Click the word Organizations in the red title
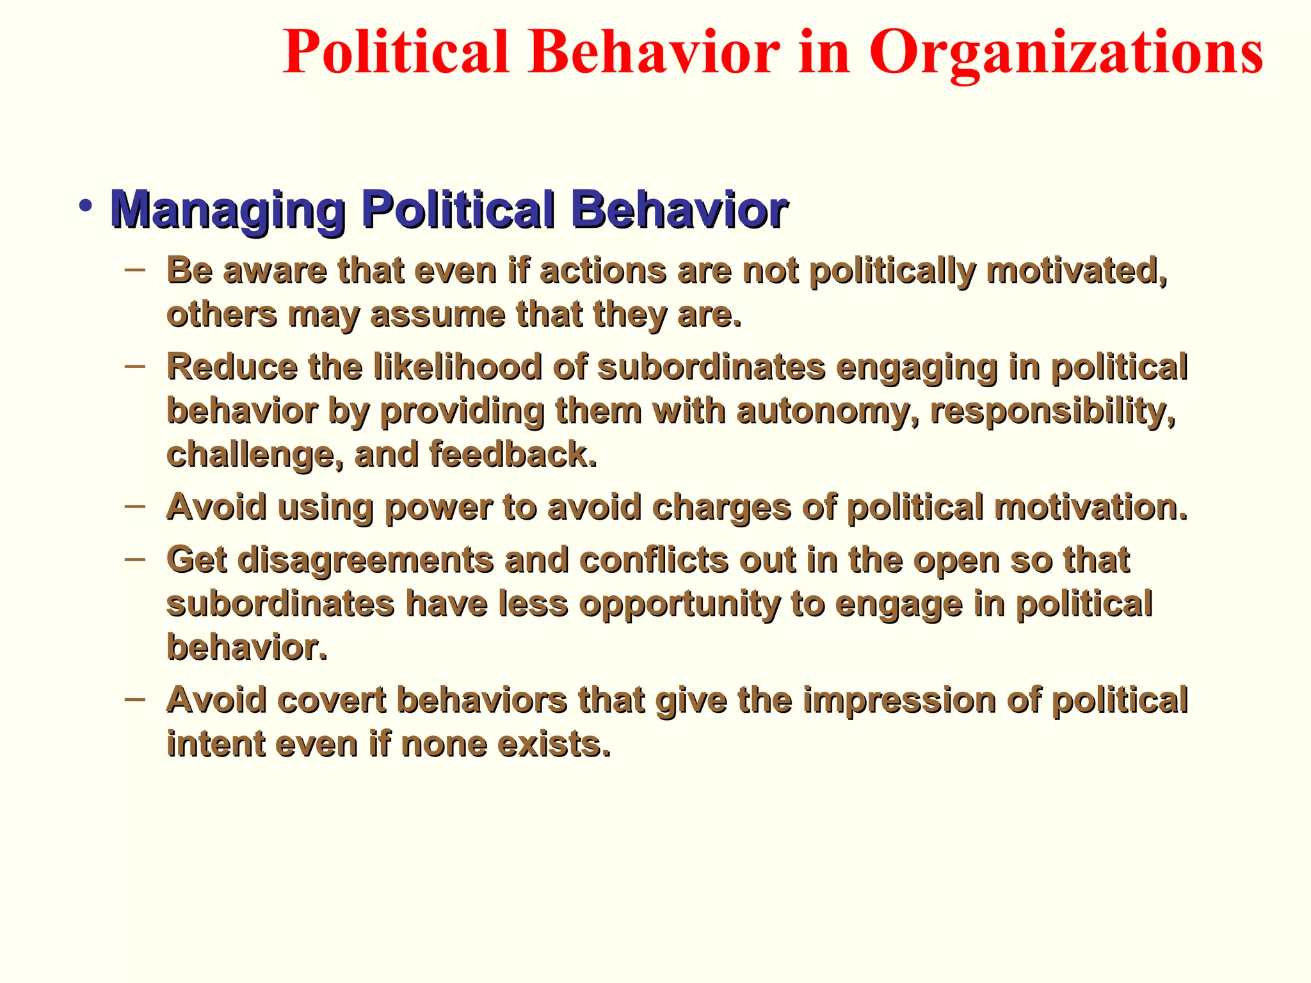[1065, 54]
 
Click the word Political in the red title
[395, 52]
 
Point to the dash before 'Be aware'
[135, 270]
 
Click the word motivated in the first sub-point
[1075, 271]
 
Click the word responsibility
[1052, 411]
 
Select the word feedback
[512, 454]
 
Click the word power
[438, 508]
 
